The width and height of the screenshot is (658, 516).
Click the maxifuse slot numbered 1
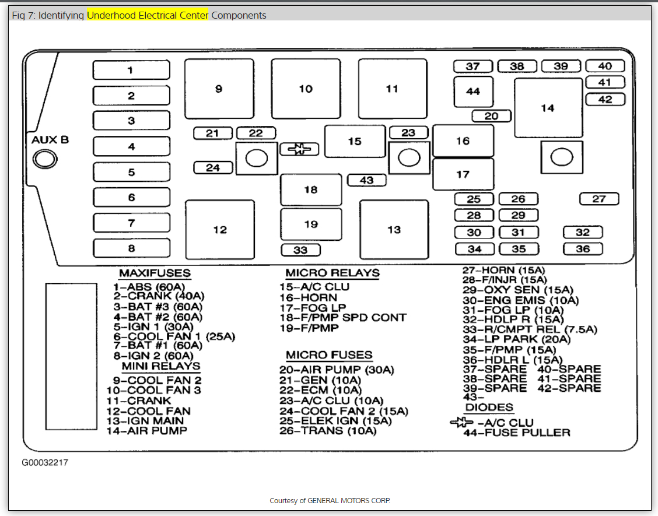pyautogui.click(x=131, y=70)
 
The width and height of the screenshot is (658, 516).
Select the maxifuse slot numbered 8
pyautogui.click(x=131, y=248)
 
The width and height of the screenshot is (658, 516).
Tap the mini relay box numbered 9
pyautogui.click(x=219, y=89)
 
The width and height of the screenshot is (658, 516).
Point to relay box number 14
pyautogui.click(x=548, y=108)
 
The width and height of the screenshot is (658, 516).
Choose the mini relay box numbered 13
pyautogui.click(x=394, y=230)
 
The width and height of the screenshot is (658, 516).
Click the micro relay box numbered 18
pyautogui.click(x=311, y=189)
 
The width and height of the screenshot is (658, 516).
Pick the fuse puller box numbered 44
pyautogui.click(x=473, y=92)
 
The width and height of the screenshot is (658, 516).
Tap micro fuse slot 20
pyautogui.click(x=491, y=116)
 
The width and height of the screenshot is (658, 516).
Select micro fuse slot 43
pyautogui.click(x=366, y=180)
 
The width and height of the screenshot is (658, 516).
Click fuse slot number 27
pyautogui.click(x=599, y=199)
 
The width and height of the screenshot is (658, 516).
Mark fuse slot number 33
pyautogui.click(x=300, y=250)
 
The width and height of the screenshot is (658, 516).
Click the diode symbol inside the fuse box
pyautogui.click(x=299, y=149)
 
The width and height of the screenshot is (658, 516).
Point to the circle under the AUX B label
pyautogui.click(x=42, y=159)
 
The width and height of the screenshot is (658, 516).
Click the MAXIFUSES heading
pyautogui.click(x=155, y=273)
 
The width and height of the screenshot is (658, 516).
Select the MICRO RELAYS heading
pyautogui.click(x=332, y=273)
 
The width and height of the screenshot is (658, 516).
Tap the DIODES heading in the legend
pyautogui.click(x=489, y=408)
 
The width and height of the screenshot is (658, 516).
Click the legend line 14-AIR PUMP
pyautogui.click(x=146, y=431)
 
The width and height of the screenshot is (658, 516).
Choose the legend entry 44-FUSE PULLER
pyautogui.click(x=517, y=433)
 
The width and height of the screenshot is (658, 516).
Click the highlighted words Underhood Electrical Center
pyautogui.click(x=148, y=16)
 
